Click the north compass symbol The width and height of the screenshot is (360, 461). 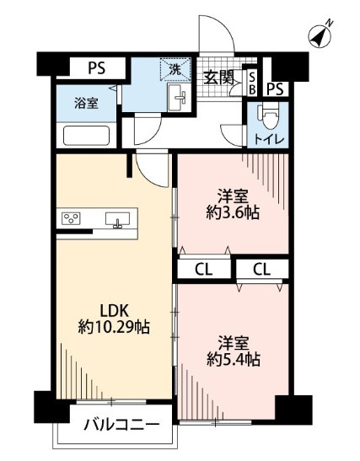320,35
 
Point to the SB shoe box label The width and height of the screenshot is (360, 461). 251,82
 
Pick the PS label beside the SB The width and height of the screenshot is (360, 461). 276,88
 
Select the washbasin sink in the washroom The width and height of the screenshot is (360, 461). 180,99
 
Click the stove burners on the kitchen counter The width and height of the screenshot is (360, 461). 72,219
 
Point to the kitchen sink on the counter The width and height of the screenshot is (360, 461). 118,220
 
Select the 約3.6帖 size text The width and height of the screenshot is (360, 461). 229,212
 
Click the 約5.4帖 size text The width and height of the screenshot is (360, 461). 230,360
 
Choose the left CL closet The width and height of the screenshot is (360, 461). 201,270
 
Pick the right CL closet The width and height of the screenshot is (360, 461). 262,270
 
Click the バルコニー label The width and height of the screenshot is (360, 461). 121,426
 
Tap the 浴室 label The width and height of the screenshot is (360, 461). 85,104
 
